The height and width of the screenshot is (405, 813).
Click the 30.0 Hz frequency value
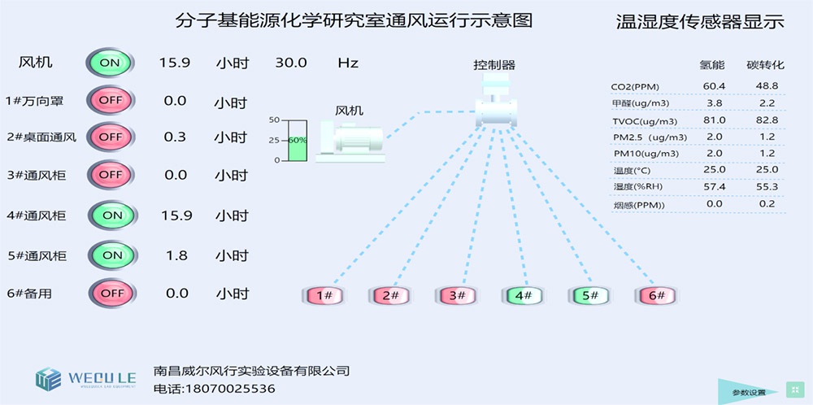coord(292,63)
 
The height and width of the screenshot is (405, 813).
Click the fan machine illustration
coord(350,142)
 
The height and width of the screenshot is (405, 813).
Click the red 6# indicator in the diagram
coord(656,296)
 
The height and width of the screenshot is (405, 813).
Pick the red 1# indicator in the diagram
coord(324,296)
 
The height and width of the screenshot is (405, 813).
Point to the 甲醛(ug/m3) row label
coord(640,103)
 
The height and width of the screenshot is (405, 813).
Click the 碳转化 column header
coord(765,64)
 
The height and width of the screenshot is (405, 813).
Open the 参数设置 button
coord(749,392)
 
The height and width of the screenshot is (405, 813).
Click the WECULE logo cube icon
coord(48,378)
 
